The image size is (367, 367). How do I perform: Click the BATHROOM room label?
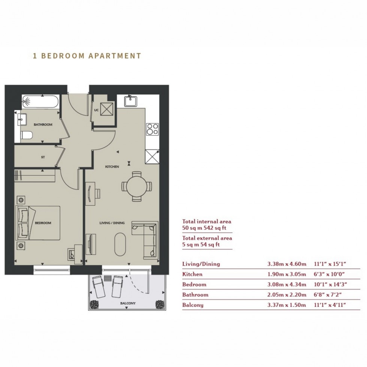(x=43, y=124)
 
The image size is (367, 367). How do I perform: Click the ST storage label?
(x=43, y=157)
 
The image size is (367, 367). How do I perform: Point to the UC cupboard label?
(x=96, y=110)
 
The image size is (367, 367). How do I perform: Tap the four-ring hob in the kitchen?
(x=152, y=130)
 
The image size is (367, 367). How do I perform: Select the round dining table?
(x=137, y=186)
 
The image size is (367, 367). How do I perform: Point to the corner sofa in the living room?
(x=145, y=240)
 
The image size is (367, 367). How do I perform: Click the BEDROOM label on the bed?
(x=43, y=223)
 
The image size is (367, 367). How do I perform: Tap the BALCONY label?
(x=128, y=303)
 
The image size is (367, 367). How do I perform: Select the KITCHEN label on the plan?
(x=112, y=167)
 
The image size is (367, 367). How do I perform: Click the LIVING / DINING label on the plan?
(x=112, y=223)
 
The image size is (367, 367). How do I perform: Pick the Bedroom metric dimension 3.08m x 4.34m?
(x=287, y=285)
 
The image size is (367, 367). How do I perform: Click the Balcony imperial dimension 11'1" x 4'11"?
(x=330, y=305)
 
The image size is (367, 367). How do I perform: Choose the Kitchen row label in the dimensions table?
(x=192, y=274)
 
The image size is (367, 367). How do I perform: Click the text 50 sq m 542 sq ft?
(x=204, y=228)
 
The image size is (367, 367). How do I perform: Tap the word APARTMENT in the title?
(x=115, y=56)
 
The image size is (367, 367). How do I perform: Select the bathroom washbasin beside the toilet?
(x=22, y=119)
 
